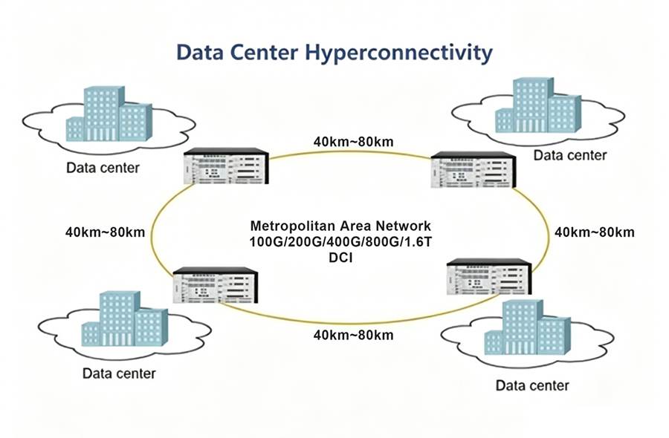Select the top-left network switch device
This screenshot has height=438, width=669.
pos(225,166)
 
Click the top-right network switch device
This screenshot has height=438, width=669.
pos(473,170)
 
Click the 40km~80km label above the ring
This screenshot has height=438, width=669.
pos(353,141)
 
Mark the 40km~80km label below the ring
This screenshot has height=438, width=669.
pos(353,335)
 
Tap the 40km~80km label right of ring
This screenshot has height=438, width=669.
pos(595,232)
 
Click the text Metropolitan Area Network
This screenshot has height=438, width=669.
pos(340,226)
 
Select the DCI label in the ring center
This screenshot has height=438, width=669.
pos(340,258)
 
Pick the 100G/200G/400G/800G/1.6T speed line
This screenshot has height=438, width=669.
pos(340,241)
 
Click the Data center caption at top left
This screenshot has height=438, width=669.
pos(103,167)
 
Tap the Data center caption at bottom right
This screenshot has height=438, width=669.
pos(532,385)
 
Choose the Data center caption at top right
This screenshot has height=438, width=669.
pos(570,155)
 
